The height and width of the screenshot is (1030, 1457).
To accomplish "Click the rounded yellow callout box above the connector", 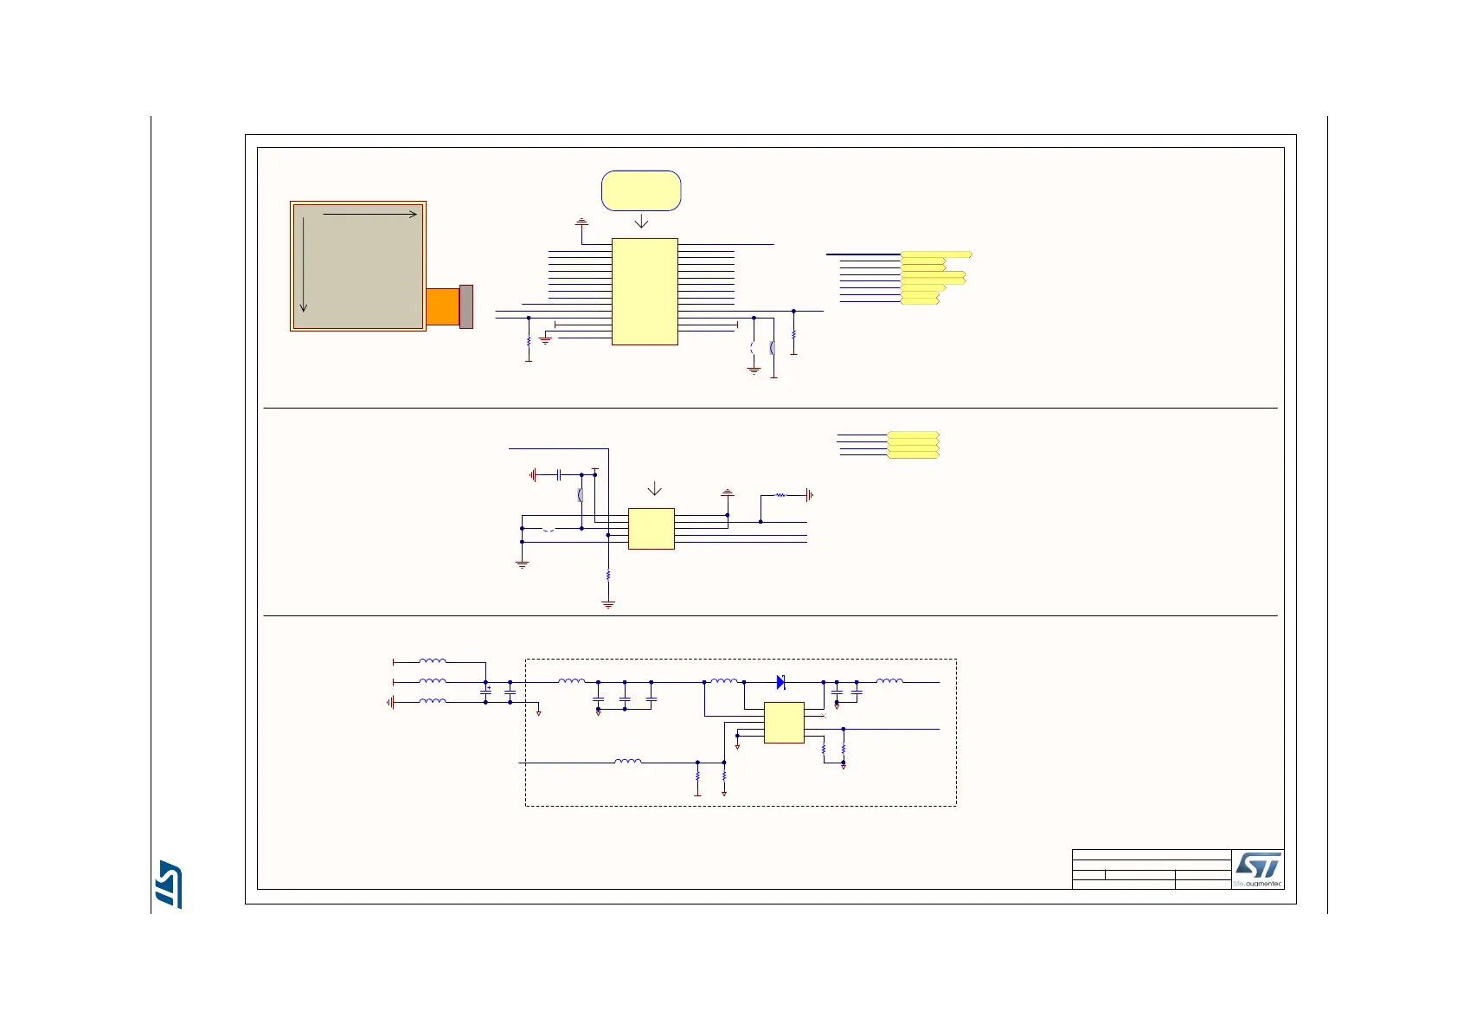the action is click(x=641, y=190).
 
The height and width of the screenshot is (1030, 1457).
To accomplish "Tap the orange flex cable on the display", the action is click(x=442, y=306).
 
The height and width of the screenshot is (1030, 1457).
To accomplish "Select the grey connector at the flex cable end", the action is click(x=466, y=306).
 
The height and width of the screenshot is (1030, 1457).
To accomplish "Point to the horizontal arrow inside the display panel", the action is click(x=369, y=214).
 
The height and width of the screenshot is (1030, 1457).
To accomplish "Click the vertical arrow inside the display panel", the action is click(x=304, y=264).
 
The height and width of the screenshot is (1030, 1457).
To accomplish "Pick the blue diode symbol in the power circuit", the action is click(x=780, y=682).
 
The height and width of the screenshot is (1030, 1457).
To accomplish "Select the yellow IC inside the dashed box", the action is click(x=784, y=723).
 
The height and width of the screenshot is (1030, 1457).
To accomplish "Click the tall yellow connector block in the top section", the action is click(x=645, y=292).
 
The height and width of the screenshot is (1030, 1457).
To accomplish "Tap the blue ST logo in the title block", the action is click(x=1258, y=866).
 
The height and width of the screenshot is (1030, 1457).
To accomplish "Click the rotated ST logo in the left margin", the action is click(x=170, y=884).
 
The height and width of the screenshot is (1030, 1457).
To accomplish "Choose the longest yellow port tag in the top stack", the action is click(x=936, y=254).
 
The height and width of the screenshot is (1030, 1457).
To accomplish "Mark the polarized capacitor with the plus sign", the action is click(x=485, y=691).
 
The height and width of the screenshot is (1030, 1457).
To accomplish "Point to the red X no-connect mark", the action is click(x=823, y=716).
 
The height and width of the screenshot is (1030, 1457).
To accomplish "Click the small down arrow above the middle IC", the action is click(x=655, y=489).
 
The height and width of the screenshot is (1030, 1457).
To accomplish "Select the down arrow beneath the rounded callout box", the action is click(x=641, y=222).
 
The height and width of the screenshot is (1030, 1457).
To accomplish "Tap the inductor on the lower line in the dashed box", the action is click(x=628, y=762).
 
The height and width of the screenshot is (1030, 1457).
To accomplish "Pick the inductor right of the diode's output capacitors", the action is click(x=890, y=682).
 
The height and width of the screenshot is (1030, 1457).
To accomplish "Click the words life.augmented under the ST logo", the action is click(x=1258, y=884).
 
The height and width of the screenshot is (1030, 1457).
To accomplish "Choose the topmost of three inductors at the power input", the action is click(x=433, y=662).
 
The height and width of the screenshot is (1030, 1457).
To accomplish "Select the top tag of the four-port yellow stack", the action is click(x=914, y=435).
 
